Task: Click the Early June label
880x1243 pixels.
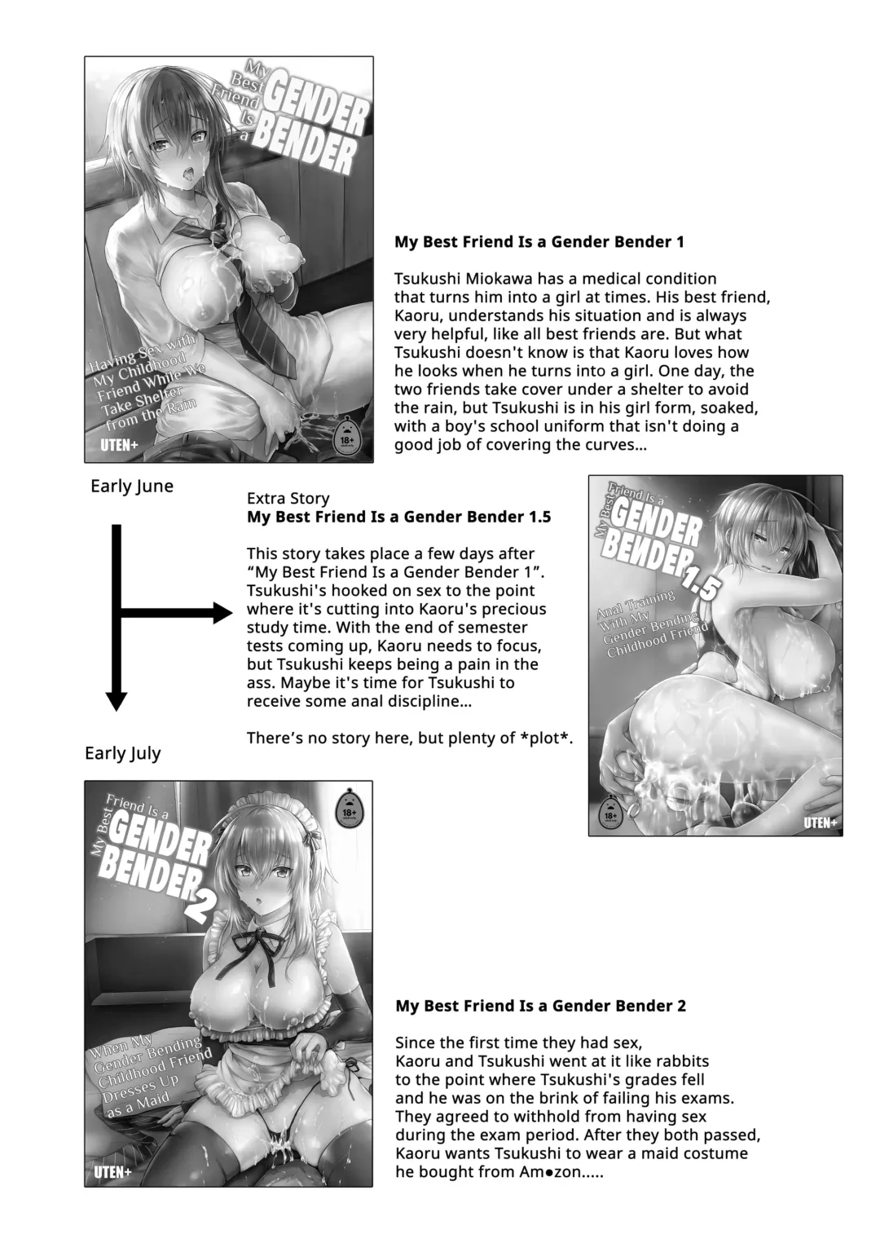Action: (x=132, y=487)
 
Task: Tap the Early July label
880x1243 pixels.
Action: (x=122, y=753)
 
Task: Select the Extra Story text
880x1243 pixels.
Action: (x=288, y=498)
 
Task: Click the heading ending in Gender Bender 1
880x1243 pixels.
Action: (x=539, y=241)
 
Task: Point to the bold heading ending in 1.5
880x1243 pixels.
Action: (x=398, y=517)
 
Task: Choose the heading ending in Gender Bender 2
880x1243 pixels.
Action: (x=540, y=1006)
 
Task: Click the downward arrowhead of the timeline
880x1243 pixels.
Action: (x=117, y=700)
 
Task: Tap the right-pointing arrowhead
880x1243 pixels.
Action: (x=222, y=613)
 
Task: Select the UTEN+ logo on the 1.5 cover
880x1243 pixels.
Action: (x=821, y=822)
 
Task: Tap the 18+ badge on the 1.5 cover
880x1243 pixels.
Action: (x=608, y=813)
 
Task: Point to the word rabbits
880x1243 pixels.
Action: (x=675, y=1061)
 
